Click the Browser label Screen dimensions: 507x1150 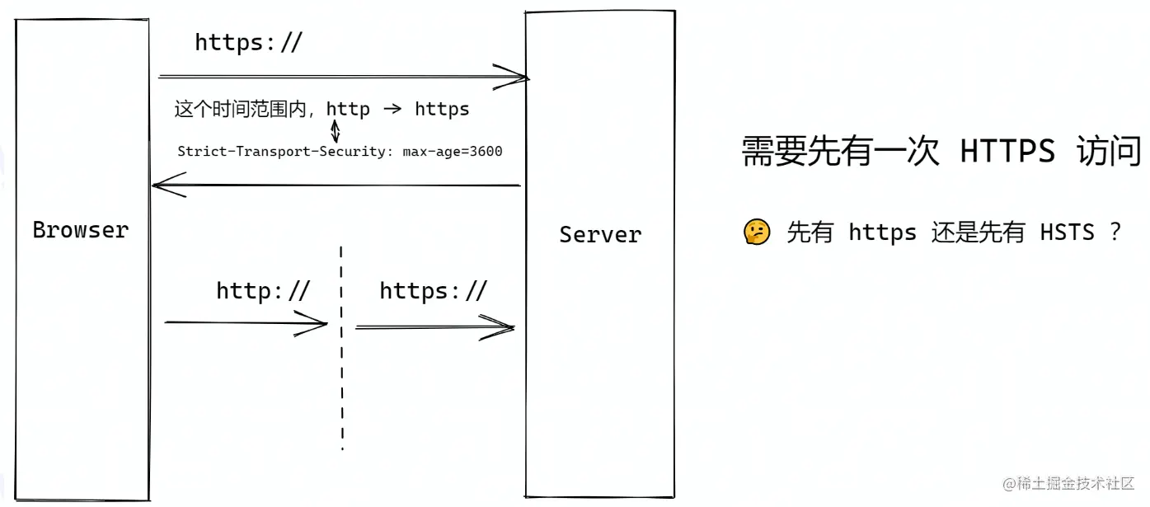coord(81,230)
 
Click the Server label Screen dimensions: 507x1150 coord(600,235)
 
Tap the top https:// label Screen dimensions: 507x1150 coord(248,43)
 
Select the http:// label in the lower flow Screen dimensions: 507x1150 coord(262,291)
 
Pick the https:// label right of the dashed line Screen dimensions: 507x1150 coord(433,291)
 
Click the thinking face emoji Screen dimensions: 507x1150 coord(756,232)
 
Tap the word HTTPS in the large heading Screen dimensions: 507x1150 coord(1007,153)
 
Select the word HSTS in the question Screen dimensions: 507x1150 coord(1067,232)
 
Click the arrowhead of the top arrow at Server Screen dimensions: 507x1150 coord(519,77)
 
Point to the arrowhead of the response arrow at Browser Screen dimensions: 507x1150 coord(162,186)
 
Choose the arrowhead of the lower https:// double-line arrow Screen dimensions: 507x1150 coord(506,328)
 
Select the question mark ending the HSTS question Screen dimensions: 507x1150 coord(1115,232)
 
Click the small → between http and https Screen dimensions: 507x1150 coord(392,109)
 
